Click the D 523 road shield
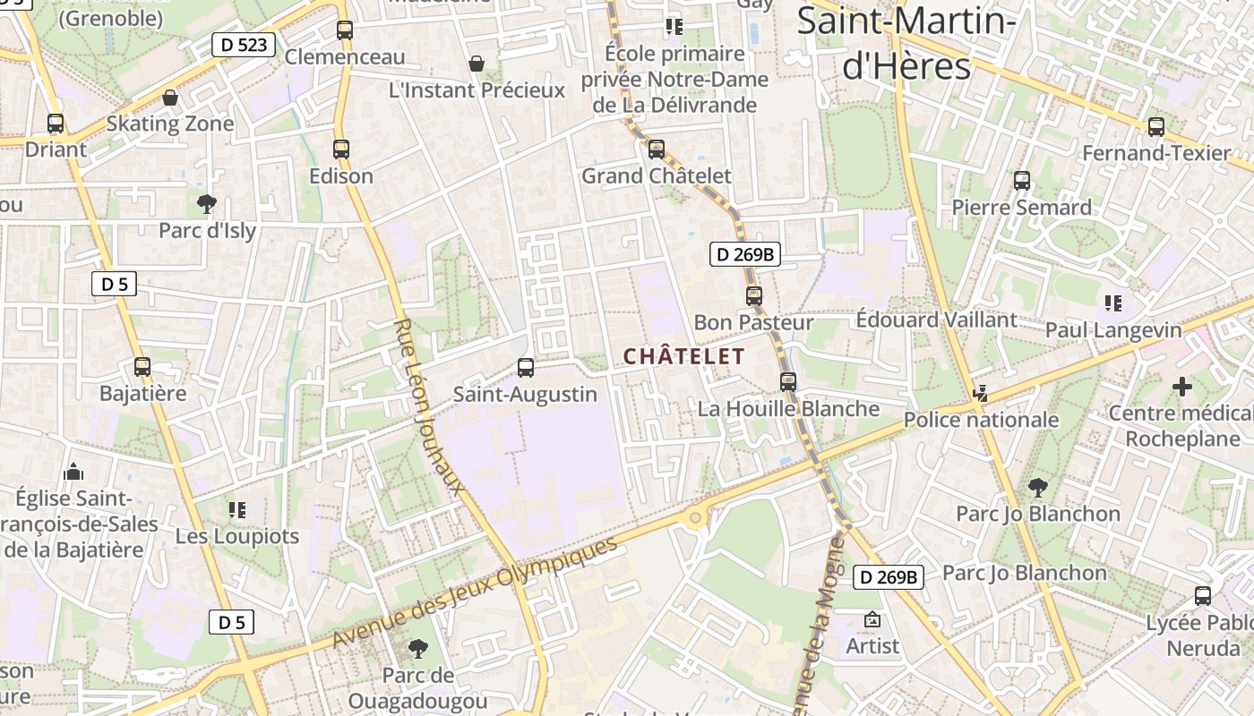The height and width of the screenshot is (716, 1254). [x=243, y=45]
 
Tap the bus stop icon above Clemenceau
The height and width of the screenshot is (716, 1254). [x=345, y=30]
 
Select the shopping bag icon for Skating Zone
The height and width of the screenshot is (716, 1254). [x=170, y=98]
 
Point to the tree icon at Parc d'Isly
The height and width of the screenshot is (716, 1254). [x=207, y=203]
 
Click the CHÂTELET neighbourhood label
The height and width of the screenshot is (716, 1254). [x=683, y=356]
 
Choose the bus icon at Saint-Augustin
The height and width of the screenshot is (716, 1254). [x=526, y=367]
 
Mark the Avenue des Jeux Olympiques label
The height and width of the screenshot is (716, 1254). [x=475, y=592]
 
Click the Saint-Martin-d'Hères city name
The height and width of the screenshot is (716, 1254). [x=906, y=43]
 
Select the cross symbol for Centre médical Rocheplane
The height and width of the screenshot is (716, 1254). [x=1182, y=387]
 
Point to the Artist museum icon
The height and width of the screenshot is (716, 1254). [x=872, y=619]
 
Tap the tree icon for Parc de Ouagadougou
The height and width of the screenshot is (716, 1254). [x=417, y=648]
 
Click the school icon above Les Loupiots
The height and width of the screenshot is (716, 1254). [x=236, y=510]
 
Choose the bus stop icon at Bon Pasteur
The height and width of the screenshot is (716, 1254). [x=754, y=295]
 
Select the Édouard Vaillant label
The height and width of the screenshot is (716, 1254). [x=936, y=320]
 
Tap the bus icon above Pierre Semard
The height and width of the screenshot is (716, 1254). [x=1022, y=181]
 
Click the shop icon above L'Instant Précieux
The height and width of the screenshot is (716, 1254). [x=477, y=64]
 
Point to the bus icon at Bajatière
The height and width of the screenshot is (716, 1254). [x=142, y=366]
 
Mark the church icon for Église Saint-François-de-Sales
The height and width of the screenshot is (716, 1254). [x=74, y=471]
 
